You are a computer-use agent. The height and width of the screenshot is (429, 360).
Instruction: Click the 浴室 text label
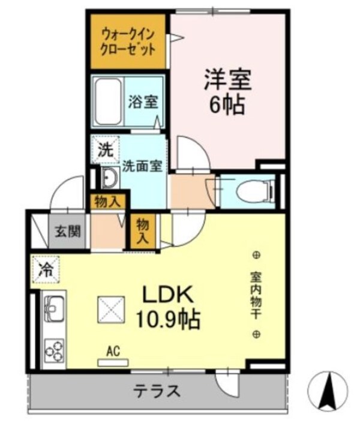143,102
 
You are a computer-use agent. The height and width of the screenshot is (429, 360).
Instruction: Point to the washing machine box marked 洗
105,151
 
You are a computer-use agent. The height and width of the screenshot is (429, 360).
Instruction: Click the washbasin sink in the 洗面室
109,178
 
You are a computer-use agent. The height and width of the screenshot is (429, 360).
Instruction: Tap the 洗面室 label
143,167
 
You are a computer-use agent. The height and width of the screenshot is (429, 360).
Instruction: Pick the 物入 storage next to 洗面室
107,202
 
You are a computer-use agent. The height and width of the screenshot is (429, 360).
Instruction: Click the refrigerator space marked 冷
46,268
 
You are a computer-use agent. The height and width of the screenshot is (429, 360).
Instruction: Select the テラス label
157,391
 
